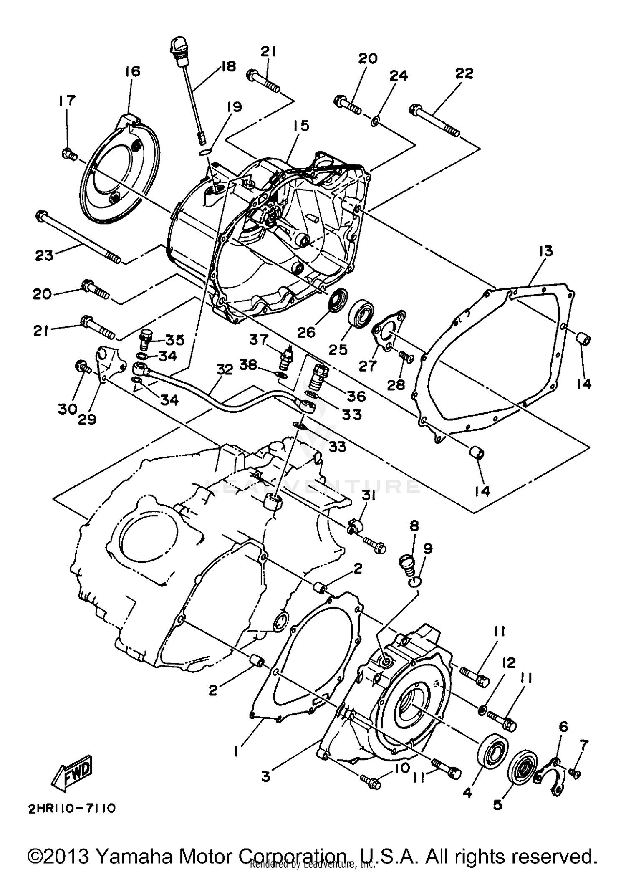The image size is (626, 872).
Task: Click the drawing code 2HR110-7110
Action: (x=71, y=809)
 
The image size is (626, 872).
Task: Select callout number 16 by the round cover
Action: (x=132, y=72)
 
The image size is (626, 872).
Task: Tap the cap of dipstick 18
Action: (x=177, y=47)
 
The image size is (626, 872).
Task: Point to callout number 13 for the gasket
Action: (x=546, y=251)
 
